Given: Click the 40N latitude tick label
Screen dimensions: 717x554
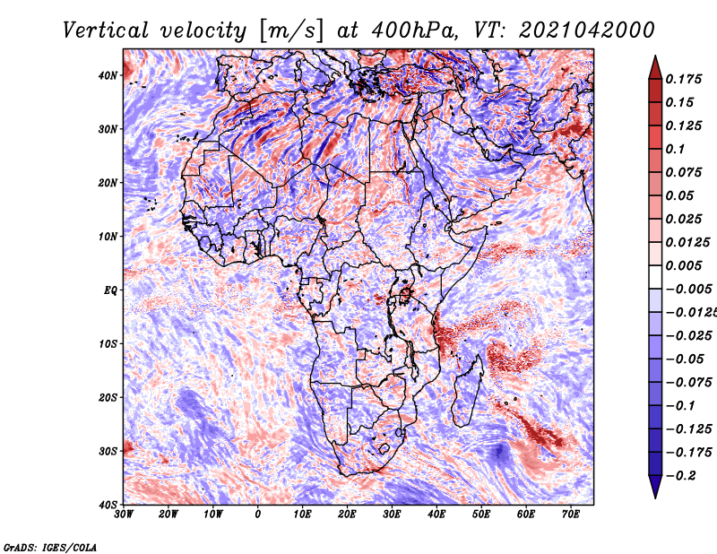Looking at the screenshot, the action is click(108, 75).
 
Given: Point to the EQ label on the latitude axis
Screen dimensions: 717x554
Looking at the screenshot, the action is click(110, 290).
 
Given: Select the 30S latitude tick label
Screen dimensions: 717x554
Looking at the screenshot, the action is click(108, 451).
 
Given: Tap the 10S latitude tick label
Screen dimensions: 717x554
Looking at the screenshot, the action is click(108, 343).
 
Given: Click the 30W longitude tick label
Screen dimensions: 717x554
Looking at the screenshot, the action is click(124, 515).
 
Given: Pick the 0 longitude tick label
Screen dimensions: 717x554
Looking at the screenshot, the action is click(258, 515).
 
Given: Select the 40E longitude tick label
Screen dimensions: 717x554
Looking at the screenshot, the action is click(436, 515).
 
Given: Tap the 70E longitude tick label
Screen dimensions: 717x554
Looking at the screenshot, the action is click(571, 515).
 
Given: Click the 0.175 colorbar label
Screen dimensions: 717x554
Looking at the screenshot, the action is click(683, 79).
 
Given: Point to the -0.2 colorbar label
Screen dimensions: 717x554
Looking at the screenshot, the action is click(680, 476).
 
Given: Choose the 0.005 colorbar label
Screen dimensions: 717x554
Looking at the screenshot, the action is click(683, 265).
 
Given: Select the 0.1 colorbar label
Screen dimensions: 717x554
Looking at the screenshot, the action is click(675, 149).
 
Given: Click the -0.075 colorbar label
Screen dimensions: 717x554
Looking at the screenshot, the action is click(689, 383).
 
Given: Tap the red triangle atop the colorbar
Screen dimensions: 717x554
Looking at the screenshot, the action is click(655, 67).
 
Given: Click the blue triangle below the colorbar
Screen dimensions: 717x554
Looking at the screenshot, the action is click(655, 487).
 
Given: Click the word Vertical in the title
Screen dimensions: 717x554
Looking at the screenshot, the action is click(106, 30).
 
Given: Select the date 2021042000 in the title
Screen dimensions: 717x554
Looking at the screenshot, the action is click(587, 30).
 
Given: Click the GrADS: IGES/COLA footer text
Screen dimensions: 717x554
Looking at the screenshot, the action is click(50, 548).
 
